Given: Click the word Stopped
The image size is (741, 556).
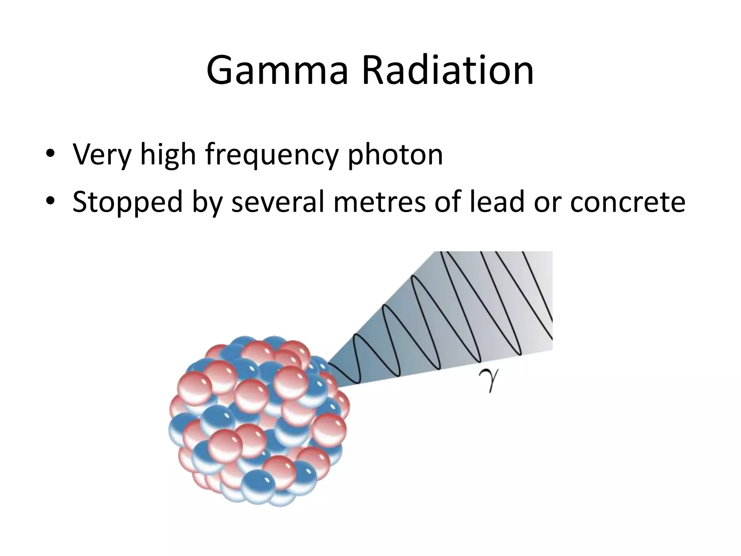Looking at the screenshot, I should pos(127,202).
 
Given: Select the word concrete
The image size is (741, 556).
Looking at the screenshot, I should pos(628,202).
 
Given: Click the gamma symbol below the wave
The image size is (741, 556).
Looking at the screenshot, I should pos(489,380).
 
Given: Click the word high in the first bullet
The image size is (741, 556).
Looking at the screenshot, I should pos(168,155).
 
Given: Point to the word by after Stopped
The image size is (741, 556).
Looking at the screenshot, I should pos(207,202).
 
